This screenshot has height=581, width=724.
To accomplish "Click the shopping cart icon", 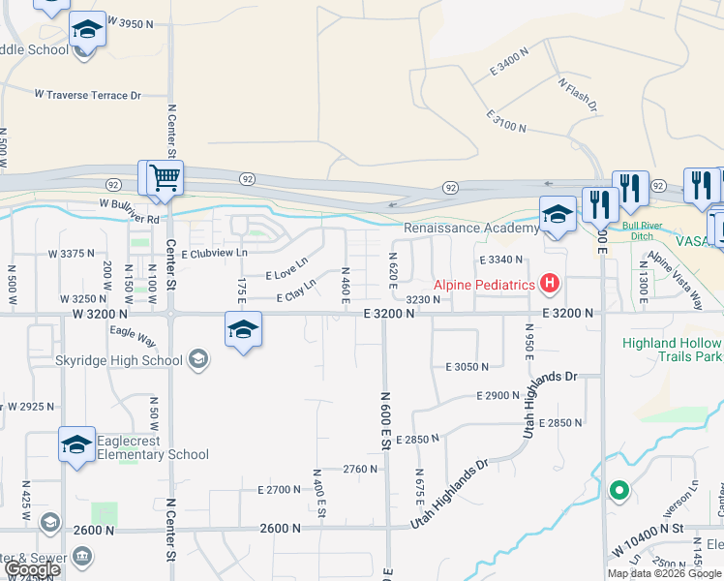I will [x=164, y=179].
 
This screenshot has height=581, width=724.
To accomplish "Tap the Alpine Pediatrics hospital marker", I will [x=550, y=284].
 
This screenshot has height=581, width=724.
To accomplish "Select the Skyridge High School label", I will [x=133, y=361].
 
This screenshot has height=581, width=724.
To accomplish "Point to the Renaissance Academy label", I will [x=471, y=229].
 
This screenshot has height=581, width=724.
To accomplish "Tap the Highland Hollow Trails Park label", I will [x=673, y=350].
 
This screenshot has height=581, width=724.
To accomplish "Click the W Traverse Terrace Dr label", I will [x=88, y=95].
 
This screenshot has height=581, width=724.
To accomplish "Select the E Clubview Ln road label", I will [x=215, y=253].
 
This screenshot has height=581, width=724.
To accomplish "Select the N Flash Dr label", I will [x=577, y=93].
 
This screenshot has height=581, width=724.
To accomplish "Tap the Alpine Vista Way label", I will [x=675, y=281].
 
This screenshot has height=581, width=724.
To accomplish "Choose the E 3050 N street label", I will [x=468, y=367].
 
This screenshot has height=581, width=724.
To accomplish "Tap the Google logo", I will [x=31, y=569].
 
